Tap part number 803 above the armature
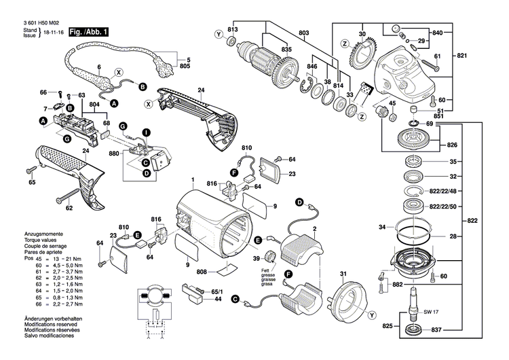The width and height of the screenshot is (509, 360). point(303,33)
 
